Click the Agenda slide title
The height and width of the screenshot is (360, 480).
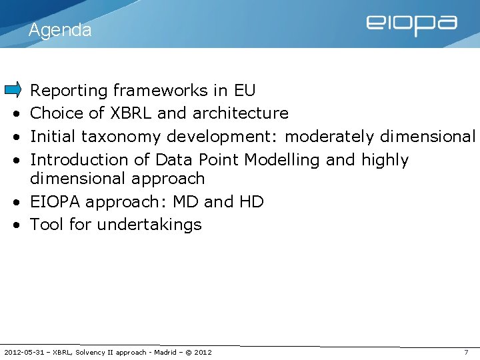coord(60,30)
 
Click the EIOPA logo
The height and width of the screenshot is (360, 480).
coord(411,25)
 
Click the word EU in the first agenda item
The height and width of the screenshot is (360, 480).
coord(244,90)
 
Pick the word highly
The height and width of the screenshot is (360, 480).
coord(385,160)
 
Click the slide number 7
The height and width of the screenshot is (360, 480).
coord(466,352)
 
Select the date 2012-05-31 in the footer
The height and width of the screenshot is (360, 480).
coord(25,352)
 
